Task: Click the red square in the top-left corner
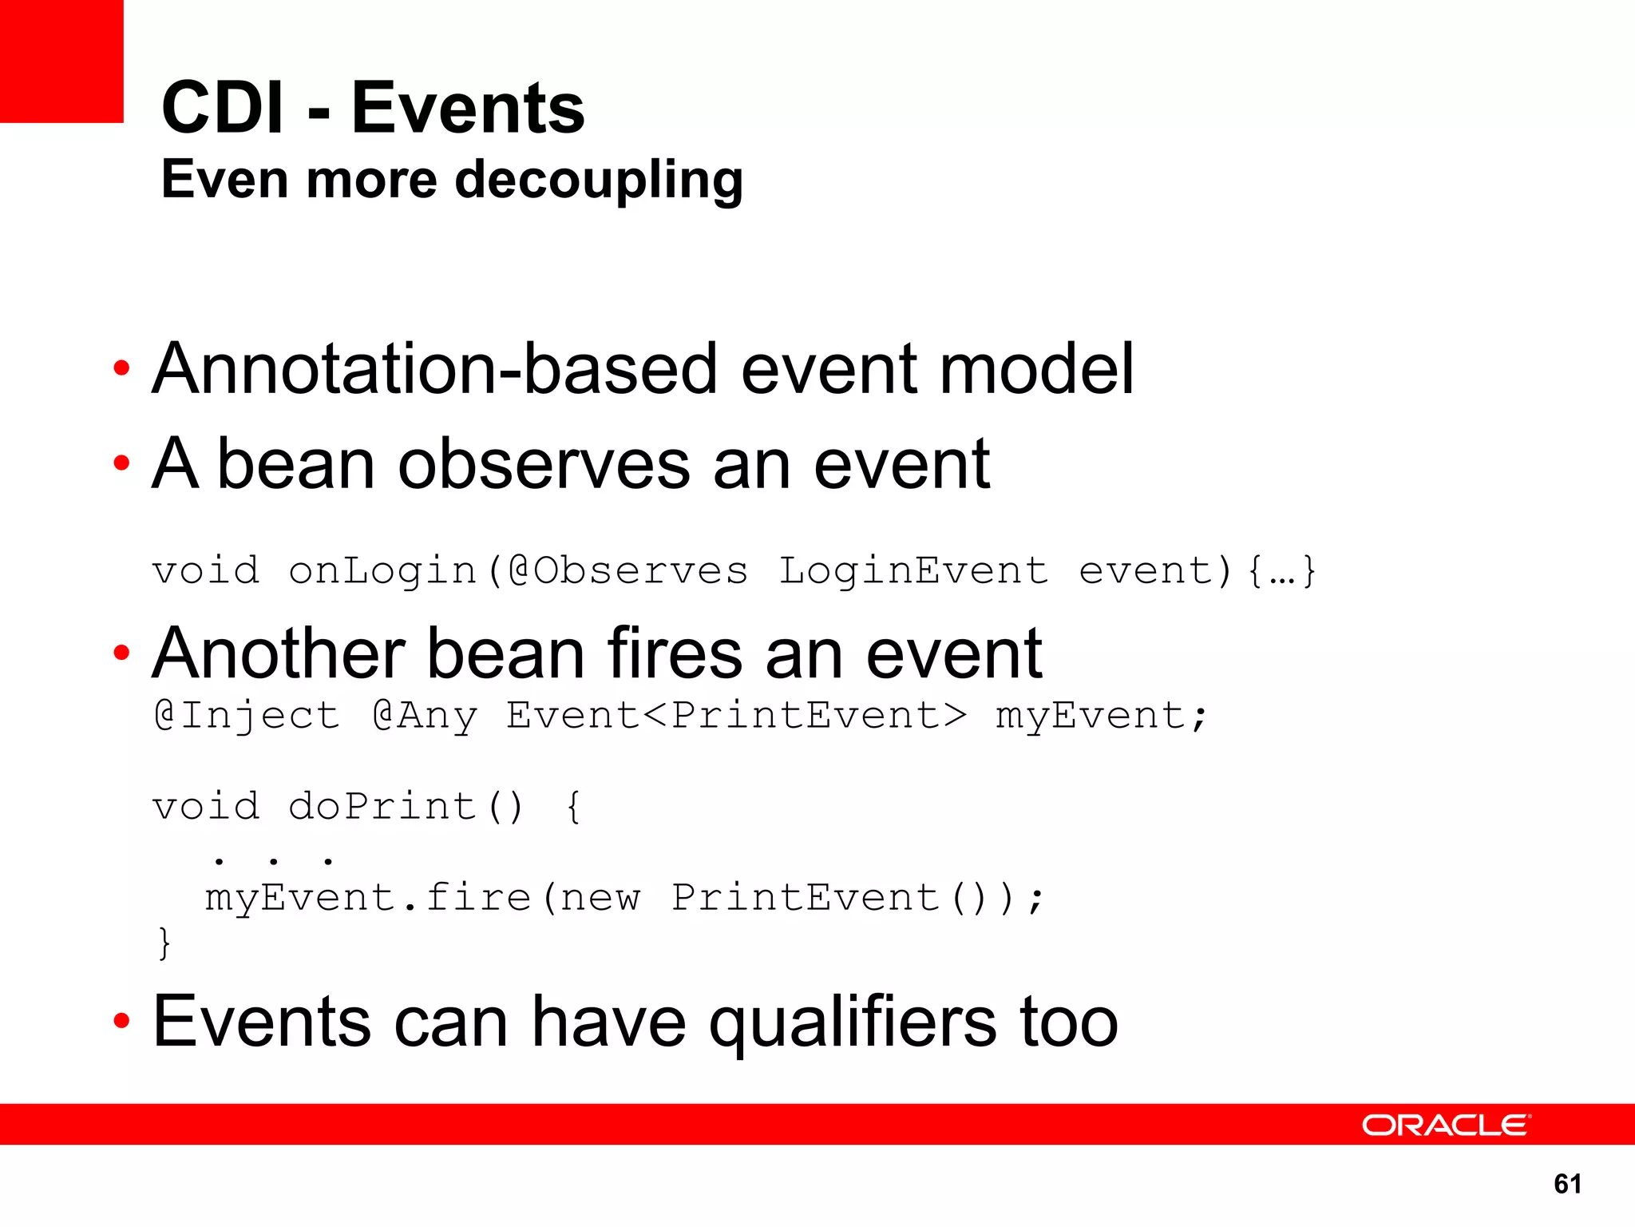coord(61,61)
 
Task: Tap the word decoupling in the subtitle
coord(599,180)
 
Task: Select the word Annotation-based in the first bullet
coord(435,369)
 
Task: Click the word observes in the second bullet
coord(544,465)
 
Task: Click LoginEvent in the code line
coord(913,571)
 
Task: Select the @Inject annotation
coord(247,715)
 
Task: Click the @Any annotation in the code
coord(425,715)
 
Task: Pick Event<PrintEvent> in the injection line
coord(736,715)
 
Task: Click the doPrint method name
coord(382,806)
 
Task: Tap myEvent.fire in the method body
coord(368,898)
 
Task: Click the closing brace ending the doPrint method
coord(164,943)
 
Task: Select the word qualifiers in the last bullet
coord(853,1022)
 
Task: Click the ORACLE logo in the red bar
coord(1445,1125)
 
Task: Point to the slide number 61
coord(1567,1184)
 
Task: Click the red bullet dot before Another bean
coord(121,653)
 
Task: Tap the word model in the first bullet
coord(1036,369)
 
